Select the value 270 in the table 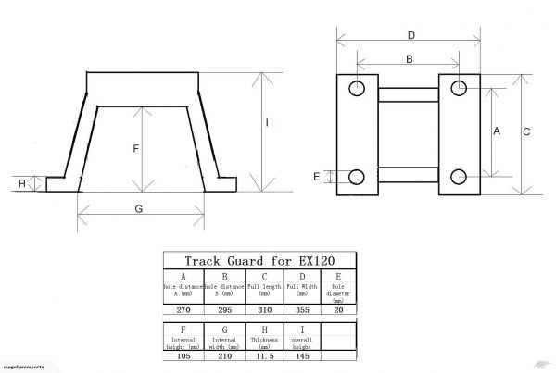(183, 311)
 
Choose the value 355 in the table (302, 311)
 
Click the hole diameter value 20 (339, 311)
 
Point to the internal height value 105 (183, 354)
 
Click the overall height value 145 (302, 354)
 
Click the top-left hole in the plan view (358, 89)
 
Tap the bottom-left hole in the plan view (358, 176)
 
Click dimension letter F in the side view (135, 147)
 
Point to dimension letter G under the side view (138, 209)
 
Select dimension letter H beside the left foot (23, 183)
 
